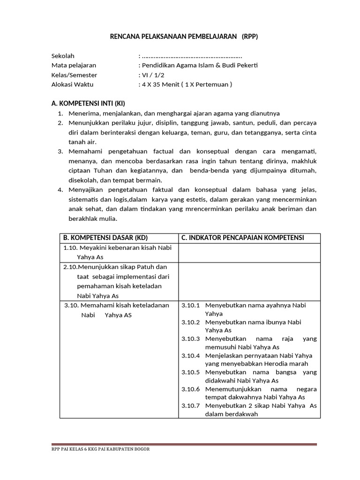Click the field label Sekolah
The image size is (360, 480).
63,56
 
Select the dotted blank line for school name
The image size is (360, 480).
192,56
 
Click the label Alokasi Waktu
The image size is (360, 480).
73,84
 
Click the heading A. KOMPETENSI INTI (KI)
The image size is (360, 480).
88,103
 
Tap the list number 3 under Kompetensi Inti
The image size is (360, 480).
60,152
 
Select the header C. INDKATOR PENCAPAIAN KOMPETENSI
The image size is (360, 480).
243,238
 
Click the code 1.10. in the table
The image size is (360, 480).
70,248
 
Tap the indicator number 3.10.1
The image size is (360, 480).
190,305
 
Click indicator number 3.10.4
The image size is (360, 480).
190,356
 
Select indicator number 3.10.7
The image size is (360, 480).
190,406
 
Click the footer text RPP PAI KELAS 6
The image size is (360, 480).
70,449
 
